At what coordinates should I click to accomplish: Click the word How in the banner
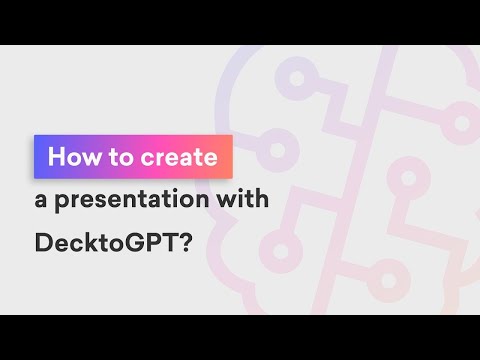(x=74, y=157)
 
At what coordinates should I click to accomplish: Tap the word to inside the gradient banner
(x=120, y=157)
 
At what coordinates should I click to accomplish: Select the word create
(x=179, y=157)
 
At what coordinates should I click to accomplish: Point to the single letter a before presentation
(x=41, y=201)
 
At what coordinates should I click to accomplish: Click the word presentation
(x=131, y=200)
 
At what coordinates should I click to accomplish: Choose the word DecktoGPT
(x=106, y=242)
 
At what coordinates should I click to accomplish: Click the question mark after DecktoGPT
(x=187, y=242)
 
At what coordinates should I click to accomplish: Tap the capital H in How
(x=56, y=156)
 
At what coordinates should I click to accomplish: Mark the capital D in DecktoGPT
(x=43, y=242)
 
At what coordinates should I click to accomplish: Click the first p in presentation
(x=62, y=203)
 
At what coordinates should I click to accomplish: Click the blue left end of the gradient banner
(x=37, y=157)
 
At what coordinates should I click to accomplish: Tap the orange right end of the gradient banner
(x=229, y=157)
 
